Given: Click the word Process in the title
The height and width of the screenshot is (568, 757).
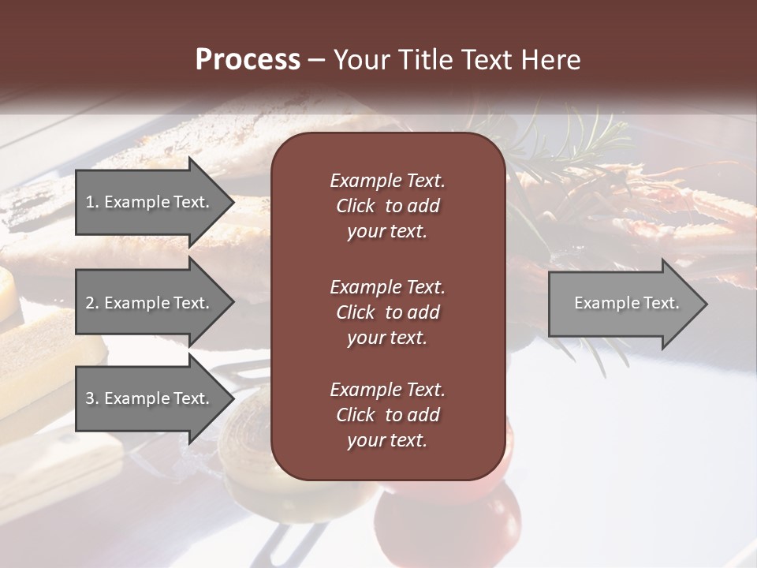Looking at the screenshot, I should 248,60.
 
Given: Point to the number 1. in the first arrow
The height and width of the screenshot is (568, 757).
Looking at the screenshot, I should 92,202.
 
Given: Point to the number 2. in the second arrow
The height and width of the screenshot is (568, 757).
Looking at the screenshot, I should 92,303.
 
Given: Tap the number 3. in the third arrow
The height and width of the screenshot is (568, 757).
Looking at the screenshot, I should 92,398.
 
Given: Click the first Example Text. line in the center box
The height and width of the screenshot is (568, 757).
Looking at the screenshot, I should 387,181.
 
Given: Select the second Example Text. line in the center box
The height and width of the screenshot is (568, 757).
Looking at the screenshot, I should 387,286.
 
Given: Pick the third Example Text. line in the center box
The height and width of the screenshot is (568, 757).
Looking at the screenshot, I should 387,390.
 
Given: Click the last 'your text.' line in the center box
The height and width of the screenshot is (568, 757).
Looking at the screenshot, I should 387,441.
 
